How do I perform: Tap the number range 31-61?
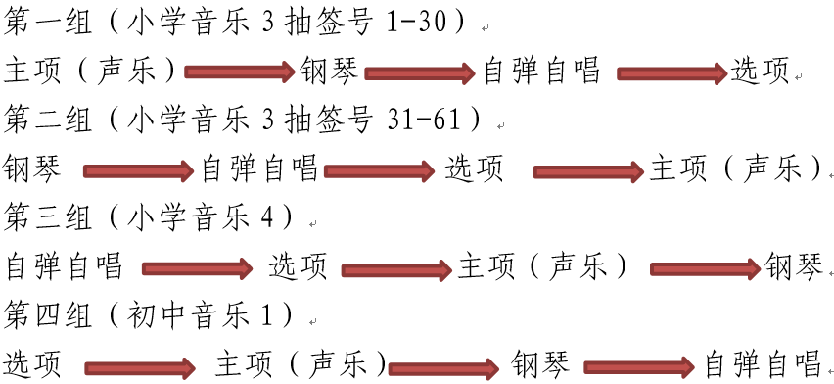tap(428, 120)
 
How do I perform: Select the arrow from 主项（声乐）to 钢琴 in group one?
tap(239, 72)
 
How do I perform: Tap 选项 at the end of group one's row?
tap(760, 71)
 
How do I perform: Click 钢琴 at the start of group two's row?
tap(33, 168)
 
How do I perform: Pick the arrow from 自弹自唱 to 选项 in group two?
tap(379, 171)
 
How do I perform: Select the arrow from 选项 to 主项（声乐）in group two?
tap(588, 171)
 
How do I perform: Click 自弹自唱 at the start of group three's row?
tap(64, 265)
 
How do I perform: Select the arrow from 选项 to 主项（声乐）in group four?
tap(139, 368)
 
